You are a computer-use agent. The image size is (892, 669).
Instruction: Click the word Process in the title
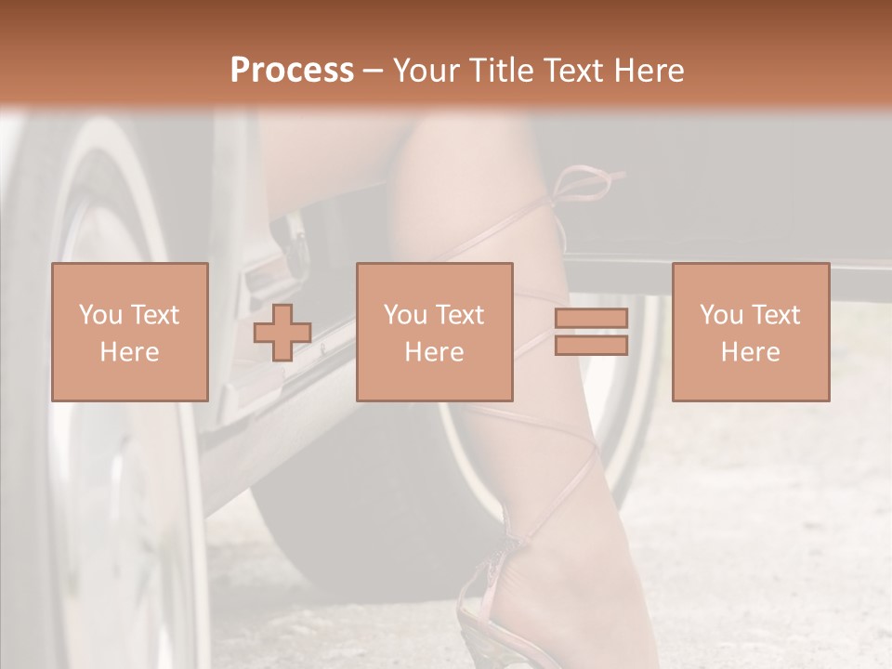click(292, 71)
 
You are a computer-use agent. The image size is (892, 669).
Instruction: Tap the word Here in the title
click(649, 71)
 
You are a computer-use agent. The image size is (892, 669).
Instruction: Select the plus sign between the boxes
click(282, 332)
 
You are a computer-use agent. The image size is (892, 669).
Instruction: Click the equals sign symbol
click(591, 332)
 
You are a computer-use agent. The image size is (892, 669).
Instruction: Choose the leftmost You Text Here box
click(129, 332)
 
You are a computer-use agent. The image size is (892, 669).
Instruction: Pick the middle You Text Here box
click(434, 332)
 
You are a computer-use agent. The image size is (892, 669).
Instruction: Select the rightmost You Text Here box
click(750, 332)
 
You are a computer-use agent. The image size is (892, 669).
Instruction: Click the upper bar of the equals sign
click(591, 319)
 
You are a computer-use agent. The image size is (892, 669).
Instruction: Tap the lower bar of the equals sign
click(591, 346)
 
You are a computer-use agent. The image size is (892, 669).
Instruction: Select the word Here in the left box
click(129, 351)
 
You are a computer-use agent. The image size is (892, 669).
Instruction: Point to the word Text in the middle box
click(459, 315)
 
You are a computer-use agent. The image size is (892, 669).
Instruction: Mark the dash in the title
click(374, 71)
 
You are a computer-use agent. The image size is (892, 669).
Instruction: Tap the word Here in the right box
click(750, 351)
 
